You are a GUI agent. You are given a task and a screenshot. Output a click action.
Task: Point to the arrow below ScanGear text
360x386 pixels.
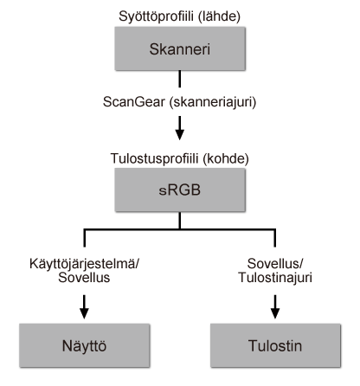point(180,130)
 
